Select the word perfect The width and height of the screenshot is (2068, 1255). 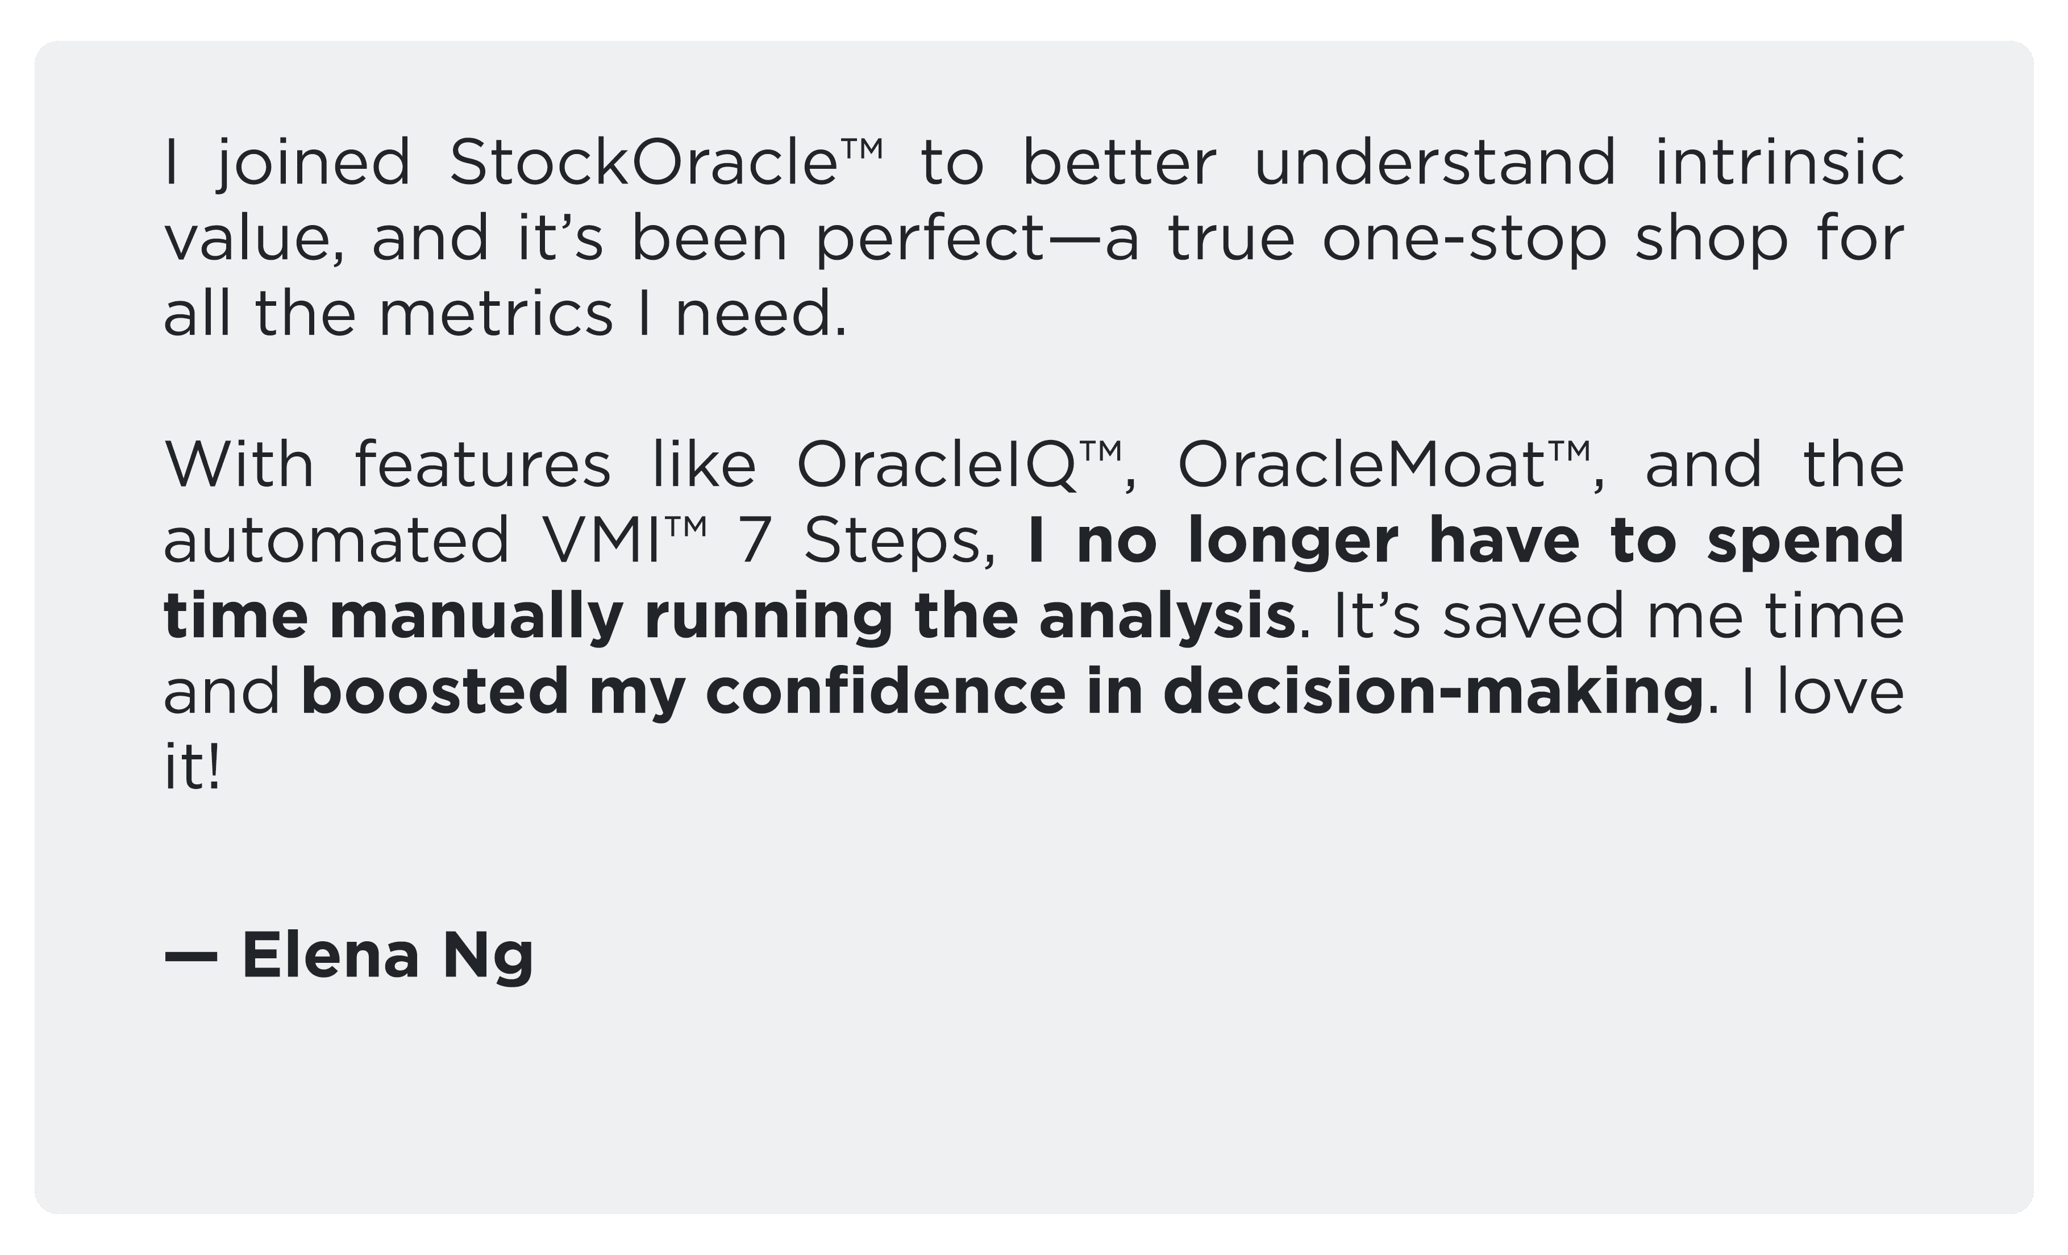pos(930,239)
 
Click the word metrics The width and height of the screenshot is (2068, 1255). pos(497,314)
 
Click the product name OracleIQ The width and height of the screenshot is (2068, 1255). pos(936,465)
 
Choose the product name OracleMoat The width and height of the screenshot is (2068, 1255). pos(1360,464)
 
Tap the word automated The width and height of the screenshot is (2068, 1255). pos(336,540)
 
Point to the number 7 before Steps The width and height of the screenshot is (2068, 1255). pos(754,540)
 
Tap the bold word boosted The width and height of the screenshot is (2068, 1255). pos(435,691)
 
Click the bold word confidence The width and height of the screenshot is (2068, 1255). pos(885,691)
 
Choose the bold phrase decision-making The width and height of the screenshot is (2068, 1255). pos(1433,692)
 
